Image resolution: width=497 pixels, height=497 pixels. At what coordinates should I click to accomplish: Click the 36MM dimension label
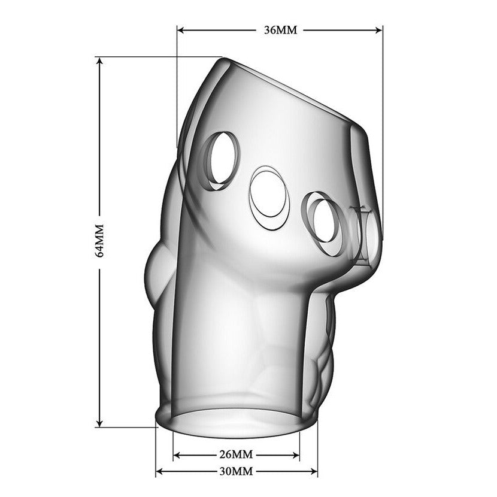pyautogui.click(x=281, y=30)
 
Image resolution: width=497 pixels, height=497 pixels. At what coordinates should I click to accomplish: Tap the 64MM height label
pyautogui.click(x=99, y=241)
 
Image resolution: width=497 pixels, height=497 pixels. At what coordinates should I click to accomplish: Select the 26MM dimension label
pyautogui.click(x=236, y=455)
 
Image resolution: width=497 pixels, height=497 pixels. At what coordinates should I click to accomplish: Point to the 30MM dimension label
pyautogui.click(x=236, y=471)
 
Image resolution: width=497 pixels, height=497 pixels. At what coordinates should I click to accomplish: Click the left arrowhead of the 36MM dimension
pyautogui.click(x=181, y=30)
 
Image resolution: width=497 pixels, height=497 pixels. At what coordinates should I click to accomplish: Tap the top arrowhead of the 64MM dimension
pyautogui.click(x=99, y=61)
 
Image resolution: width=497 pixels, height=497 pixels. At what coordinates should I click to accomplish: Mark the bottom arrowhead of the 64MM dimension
pyautogui.click(x=99, y=423)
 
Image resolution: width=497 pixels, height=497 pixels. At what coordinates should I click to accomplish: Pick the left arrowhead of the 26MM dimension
pyautogui.click(x=177, y=456)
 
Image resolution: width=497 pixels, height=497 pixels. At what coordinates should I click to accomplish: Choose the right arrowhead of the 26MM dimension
pyautogui.click(x=295, y=456)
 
